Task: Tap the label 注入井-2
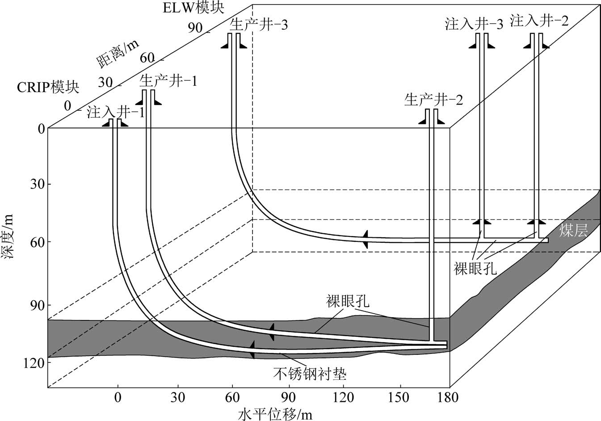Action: [539, 21]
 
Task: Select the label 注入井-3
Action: [474, 24]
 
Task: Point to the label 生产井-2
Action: [433, 99]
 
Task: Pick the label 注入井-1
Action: [116, 112]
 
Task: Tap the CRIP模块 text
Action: [48, 87]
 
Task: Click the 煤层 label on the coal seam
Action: [573, 230]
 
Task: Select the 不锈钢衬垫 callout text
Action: [310, 373]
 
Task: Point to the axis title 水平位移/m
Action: [275, 414]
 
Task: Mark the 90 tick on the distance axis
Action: [195, 27]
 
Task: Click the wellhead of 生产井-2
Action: [431, 117]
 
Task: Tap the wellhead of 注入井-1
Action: [115, 122]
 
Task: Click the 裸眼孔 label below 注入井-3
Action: [475, 269]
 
